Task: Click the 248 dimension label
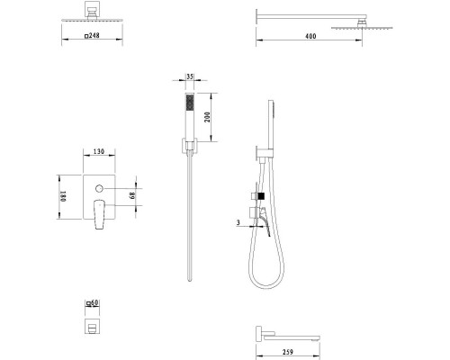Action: [x=94, y=35]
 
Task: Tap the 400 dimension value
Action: [x=310, y=36]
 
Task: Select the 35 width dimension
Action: [x=190, y=76]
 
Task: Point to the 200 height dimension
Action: [x=207, y=117]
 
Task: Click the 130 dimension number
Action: [x=99, y=151]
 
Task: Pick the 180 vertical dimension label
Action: [x=63, y=196]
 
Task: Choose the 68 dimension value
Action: [x=132, y=195]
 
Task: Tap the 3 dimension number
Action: [x=238, y=222]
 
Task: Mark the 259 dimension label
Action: [x=288, y=352]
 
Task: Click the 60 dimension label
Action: [x=94, y=302]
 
